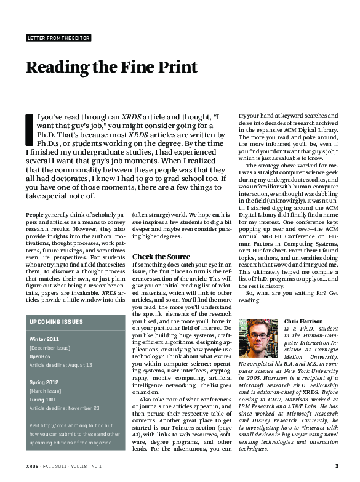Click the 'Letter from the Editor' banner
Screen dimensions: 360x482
point(58,38)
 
